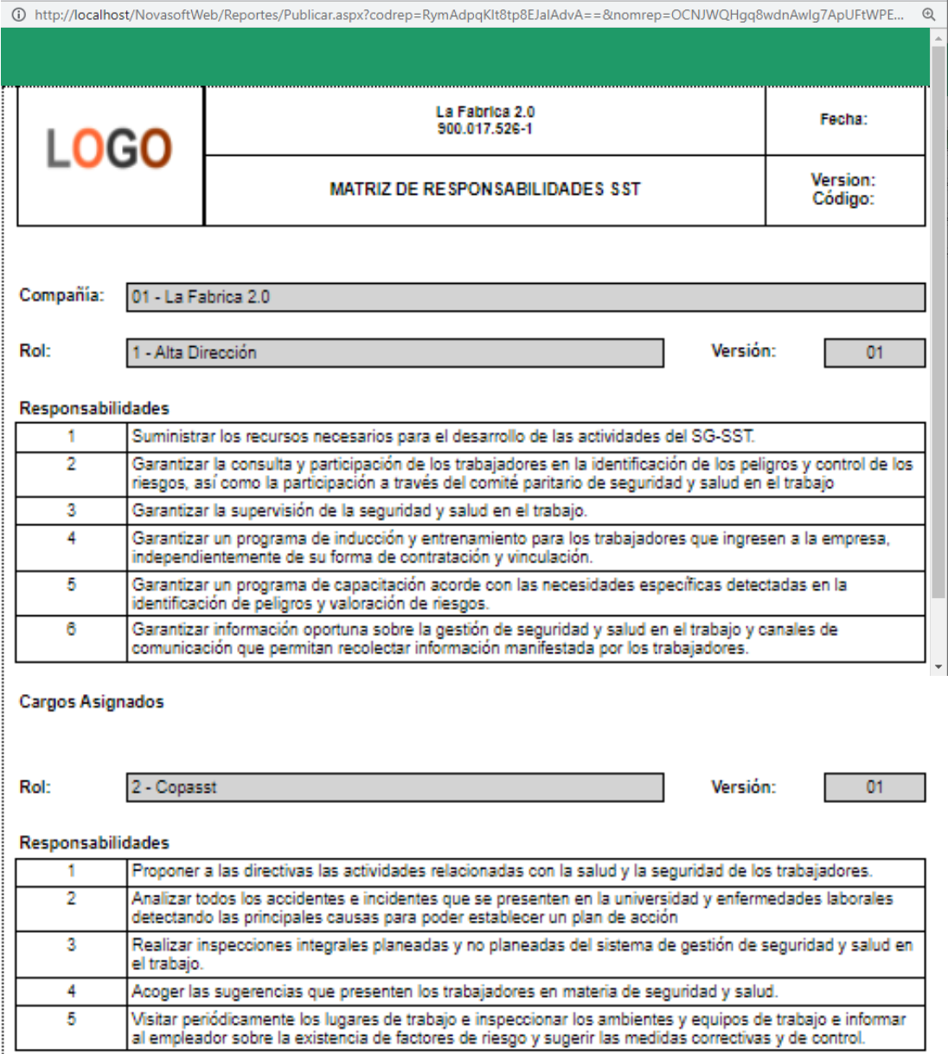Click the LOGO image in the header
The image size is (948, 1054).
pos(109,148)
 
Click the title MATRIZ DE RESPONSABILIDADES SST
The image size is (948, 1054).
pos(484,189)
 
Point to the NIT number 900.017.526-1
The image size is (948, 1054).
pos(484,129)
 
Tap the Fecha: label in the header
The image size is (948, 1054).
pos(843,119)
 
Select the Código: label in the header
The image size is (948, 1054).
pos(843,199)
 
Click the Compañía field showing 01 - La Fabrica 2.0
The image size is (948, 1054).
pos(525,297)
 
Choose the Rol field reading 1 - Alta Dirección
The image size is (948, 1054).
pos(394,352)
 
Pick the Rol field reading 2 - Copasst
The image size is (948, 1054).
pos(394,787)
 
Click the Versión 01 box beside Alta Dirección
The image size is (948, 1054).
pos(874,352)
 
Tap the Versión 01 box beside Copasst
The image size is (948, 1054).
pos(874,787)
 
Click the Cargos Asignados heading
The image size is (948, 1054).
pos(92,702)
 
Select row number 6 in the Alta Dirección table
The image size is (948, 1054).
pos(71,629)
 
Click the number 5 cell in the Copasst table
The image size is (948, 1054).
pos(71,1019)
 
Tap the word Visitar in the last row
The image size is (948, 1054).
pos(152,1019)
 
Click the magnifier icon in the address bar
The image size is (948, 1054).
pos(928,14)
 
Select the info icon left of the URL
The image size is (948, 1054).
pos(19,14)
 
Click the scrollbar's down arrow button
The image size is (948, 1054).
pos(938,667)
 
